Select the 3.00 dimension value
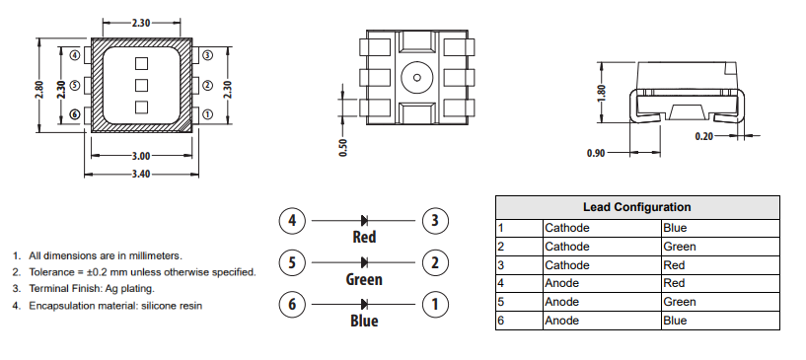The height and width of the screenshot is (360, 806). (140, 156)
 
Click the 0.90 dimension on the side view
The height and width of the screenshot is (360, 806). (595, 154)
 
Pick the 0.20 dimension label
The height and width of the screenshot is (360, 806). (703, 136)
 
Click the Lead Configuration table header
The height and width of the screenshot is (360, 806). (636, 207)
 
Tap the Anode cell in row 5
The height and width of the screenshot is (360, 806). (562, 302)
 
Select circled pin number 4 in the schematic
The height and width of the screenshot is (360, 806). (291, 221)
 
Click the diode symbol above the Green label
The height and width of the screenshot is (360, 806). (364, 262)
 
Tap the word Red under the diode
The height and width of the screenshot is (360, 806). (364, 238)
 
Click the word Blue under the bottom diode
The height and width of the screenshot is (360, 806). (364, 322)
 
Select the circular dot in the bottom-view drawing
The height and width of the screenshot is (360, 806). (417, 78)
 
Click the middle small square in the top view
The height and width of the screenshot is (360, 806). (140, 85)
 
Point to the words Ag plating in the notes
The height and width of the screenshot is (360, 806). (127, 288)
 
